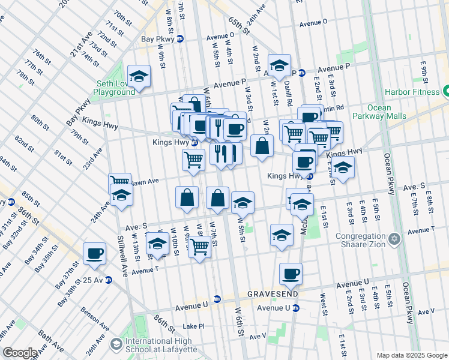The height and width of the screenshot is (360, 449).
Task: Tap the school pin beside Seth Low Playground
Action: coord(139,76)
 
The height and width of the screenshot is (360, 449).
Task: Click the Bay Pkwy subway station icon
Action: coord(180,40)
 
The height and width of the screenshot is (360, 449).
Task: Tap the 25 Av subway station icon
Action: coord(109,280)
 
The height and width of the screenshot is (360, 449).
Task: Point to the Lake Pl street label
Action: coord(193,326)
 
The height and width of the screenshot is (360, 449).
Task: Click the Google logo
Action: coord(20,353)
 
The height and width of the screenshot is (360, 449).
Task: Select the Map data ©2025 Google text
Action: coord(412,355)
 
